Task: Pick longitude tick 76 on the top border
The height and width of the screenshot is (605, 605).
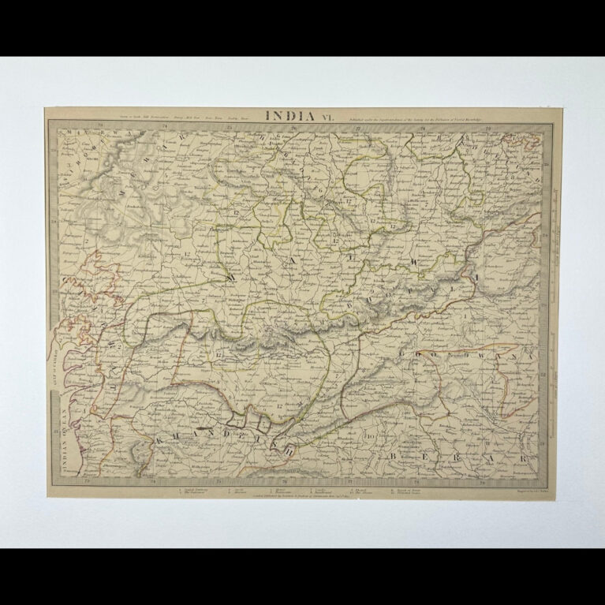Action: [x=292, y=124]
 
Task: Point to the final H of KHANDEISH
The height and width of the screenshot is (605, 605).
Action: [x=289, y=450]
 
